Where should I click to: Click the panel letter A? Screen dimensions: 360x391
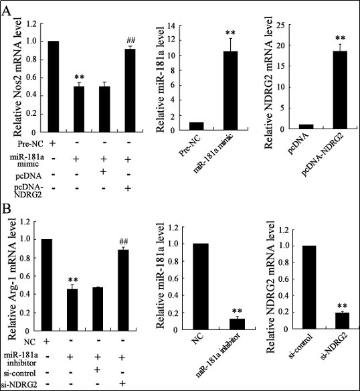tap(7, 11)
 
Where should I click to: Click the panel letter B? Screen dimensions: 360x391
tap(6, 209)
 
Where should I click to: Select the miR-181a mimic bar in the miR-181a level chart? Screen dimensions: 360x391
tap(230, 90)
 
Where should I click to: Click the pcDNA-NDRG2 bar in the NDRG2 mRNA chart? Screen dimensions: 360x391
tap(340, 90)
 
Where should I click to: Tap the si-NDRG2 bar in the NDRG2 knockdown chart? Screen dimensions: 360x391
tap(342, 321)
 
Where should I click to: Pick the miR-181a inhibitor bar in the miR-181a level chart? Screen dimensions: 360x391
tap(237, 324)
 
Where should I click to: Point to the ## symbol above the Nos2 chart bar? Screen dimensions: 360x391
tap(131, 40)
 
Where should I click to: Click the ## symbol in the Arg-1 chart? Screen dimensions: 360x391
tap(124, 242)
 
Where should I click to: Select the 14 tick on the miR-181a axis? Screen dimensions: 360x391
tap(171, 25)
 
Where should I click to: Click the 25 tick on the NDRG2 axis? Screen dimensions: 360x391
tap(282, 24)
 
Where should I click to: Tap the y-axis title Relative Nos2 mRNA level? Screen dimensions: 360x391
tap(17, 77)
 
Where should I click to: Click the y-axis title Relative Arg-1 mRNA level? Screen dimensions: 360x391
tap(12, 279)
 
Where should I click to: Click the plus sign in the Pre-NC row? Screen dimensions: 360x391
tap(53, 143)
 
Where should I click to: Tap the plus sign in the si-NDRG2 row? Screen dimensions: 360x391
tap(122, 383)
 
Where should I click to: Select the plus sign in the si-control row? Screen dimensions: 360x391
tap(97, 370)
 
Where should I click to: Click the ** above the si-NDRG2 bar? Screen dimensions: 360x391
tap(342, 306)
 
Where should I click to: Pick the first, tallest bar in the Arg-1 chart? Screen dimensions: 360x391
tap(46, 285)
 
